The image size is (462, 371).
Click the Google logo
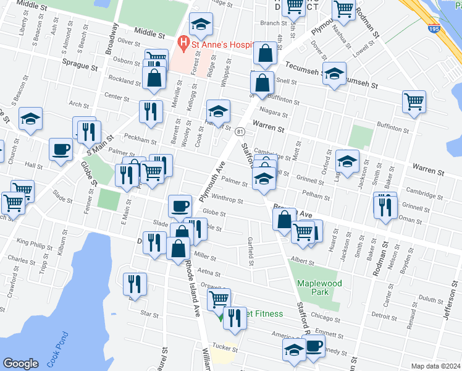[x=20, y=364]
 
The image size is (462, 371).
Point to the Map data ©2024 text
[x=435, y=365]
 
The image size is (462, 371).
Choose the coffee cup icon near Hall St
[x=61, y=150]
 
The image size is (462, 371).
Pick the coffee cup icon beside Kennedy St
[x=314, y=347]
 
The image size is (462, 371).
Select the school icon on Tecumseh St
[x=334, y=74]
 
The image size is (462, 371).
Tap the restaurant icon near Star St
[x=135, y=284]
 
